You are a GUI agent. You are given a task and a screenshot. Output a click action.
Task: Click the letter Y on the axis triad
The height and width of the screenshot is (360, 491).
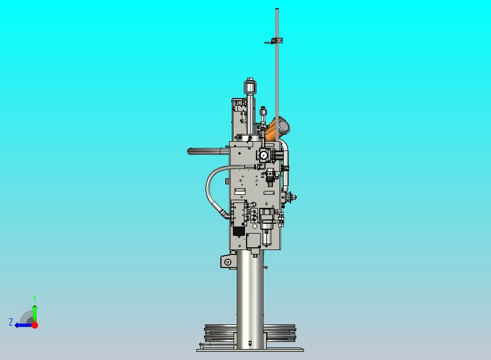tap(34, 298)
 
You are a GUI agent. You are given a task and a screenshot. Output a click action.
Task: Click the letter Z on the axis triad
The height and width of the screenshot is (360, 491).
tap(10, 322)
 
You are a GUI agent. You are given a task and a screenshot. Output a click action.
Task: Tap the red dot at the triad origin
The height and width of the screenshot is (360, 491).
tap(34, 325)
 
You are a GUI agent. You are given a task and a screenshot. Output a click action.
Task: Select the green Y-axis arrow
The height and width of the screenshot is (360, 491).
tap(34, 312)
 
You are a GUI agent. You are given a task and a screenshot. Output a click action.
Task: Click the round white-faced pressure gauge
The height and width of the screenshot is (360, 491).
tap(264, 155)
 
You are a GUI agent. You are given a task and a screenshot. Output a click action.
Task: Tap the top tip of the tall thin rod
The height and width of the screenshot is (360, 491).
tap(277, 10)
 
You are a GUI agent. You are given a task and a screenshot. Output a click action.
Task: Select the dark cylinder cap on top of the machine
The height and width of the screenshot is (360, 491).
tap(250, 88)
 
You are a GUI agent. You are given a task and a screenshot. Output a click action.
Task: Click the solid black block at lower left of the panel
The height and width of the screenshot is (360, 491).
tap(238, 231)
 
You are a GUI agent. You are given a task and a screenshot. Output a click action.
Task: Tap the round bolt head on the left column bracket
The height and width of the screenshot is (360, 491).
tap(226, 263)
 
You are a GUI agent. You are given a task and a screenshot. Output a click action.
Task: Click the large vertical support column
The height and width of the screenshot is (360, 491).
tap(251, 295)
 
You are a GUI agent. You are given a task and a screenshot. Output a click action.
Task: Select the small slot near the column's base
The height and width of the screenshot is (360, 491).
tap(250, 344)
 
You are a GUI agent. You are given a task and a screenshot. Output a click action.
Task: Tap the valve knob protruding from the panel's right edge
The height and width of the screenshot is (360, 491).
tap(293, 196)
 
